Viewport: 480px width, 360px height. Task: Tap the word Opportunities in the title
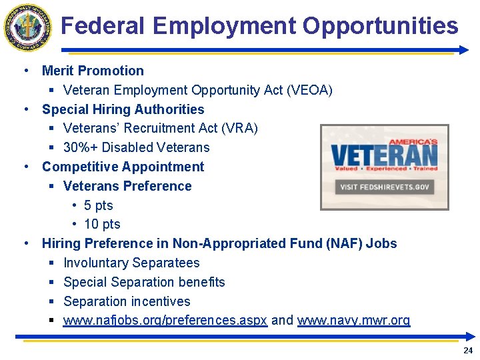[x=380, y=26]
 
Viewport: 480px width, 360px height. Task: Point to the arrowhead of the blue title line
[x=464, y=49]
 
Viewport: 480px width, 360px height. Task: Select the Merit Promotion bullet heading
[x=93, y=71]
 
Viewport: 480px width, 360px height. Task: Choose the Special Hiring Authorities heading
[x=123, y=109]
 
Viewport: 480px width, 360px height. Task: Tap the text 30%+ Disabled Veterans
[x=136, y=147]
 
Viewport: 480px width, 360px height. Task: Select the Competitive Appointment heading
[x=123, y=167]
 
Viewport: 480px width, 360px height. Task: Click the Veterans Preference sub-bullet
[x=127, y=186]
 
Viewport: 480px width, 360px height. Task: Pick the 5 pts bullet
[x=99, y=205]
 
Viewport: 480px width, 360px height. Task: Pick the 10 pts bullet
[x=102, y=225]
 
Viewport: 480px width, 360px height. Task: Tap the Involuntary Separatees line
[x=131, y=263]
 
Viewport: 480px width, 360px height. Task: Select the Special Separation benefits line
[x=144, y=282]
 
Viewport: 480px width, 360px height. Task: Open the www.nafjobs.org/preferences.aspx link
[x=165, y=321]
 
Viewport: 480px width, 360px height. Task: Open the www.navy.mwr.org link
[x=353, y=321]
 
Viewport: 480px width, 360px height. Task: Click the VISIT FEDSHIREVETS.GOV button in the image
[x=385, y=187]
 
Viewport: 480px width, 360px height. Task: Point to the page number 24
[x=467, y=351]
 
